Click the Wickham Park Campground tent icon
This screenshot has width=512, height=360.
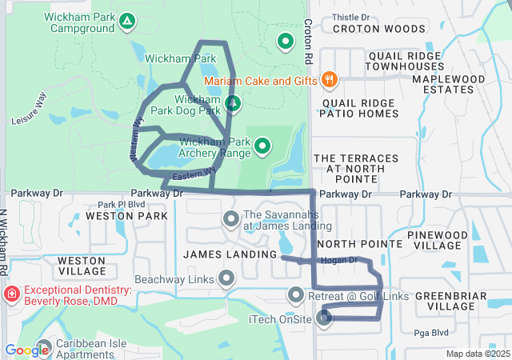[126, 20]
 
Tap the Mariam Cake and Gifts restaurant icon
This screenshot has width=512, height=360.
[329, 79]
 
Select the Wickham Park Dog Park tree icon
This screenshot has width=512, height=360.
[233, 103]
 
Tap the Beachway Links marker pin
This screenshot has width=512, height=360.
[226, 278]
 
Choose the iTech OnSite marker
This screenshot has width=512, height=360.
[324, 318]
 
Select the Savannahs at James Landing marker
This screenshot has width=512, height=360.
[231, 218]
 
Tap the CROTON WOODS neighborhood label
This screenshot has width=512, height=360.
[368, 29]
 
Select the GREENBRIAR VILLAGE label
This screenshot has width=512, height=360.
[451, 300]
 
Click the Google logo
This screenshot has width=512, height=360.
[26, 350]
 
